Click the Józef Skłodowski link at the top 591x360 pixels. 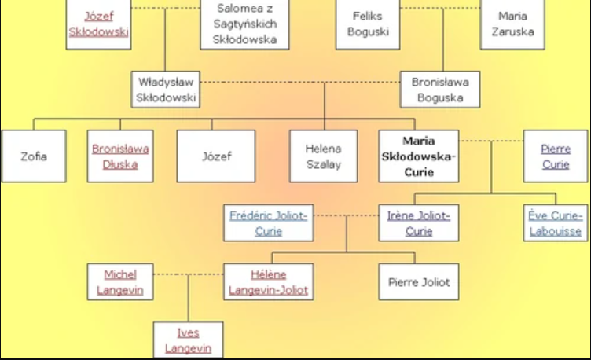[97, 24]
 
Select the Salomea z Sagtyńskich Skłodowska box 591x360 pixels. [244, 24]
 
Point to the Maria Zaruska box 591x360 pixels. [512, 24]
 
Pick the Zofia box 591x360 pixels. [34, 156]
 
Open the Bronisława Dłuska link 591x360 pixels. [120, 156]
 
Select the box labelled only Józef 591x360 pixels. [216, 156]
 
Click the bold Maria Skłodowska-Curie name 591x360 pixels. [418, 156]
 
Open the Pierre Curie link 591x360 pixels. [556, 156]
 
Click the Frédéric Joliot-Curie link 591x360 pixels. [269, 223]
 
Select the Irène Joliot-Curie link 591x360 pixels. [419, 223]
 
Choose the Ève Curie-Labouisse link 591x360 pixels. [556, 223]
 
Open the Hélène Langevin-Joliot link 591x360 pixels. [269, 282]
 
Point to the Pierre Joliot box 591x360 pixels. [419, 282]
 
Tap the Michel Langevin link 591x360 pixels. [120, 282]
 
